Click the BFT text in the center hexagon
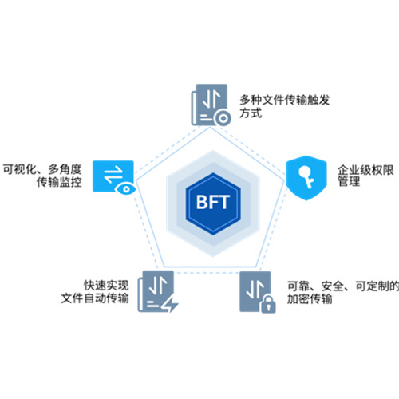coord(212,202)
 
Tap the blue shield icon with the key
coord(306,178)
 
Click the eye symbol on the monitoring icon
coord(126,189)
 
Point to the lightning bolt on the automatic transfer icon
coord(171,304)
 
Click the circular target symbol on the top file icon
coord(223,118)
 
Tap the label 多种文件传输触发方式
coord(285,106)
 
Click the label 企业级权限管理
coord(365,176)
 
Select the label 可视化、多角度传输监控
coord(42,176)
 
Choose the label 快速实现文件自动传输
coord(95,292)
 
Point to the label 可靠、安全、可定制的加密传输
coord(343,293)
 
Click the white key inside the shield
coord(306,177)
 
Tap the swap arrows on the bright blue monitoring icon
coord(113,175)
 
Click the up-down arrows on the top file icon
coord(211,99)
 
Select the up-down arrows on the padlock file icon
coord(255,289)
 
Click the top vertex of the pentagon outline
coord(210,127)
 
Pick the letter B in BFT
coord(202,203)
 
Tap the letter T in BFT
coord(223,203)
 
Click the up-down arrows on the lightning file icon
coord(158,286)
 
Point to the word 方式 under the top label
coord(251,113)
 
